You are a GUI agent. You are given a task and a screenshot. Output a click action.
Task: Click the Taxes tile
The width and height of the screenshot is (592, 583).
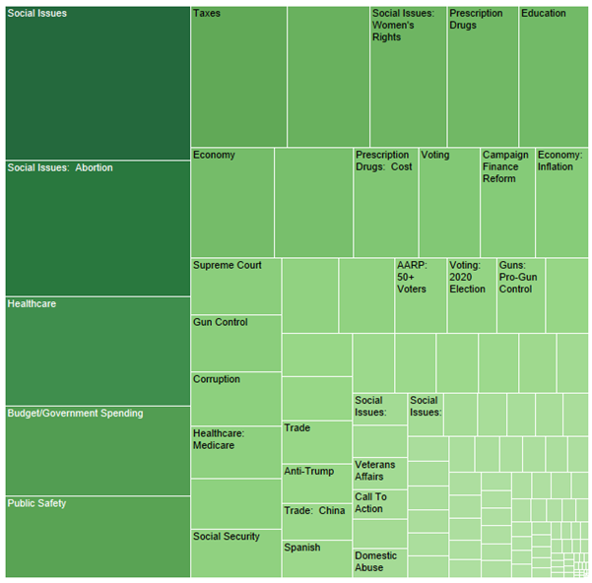238,77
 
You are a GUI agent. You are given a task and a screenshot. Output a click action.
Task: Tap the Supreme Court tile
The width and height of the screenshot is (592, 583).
235,286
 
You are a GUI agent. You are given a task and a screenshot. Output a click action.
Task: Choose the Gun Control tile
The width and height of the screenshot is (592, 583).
235,343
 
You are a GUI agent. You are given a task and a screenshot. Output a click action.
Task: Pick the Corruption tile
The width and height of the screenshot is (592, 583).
235,399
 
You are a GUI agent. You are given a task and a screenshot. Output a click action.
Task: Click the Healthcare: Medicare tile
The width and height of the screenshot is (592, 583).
235,452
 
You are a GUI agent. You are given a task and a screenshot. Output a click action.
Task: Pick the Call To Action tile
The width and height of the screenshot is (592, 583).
379,504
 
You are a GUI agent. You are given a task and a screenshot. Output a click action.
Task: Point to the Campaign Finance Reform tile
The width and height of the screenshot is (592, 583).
507,202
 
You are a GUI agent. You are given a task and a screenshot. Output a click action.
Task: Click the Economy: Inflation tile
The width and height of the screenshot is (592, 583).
561,202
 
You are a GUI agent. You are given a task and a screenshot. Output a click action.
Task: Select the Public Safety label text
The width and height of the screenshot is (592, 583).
37,503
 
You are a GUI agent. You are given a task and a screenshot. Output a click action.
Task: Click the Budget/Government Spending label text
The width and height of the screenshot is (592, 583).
75,414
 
